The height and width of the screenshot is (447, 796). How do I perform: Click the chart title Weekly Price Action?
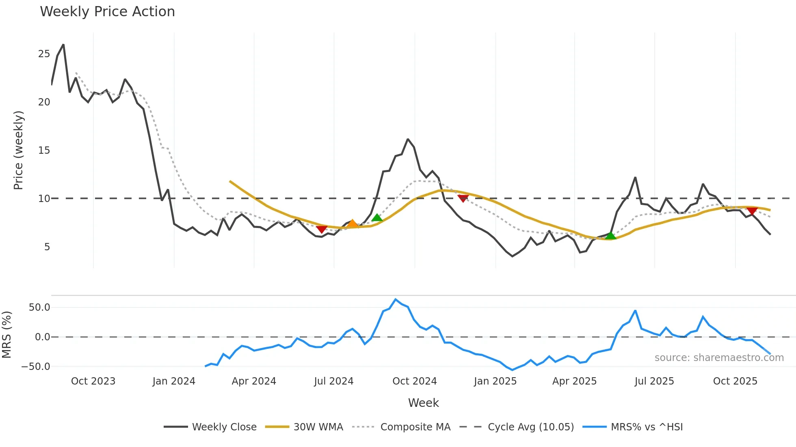click(107, 12)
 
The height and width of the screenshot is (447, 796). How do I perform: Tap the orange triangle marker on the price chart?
click(353, 223)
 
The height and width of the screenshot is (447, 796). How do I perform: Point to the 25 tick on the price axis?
click(44, 54)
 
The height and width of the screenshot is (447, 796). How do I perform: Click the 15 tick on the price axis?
click(44, 150)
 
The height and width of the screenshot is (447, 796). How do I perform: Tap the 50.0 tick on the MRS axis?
click(39, 307)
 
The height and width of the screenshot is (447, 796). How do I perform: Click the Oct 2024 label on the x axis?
click(414, 381)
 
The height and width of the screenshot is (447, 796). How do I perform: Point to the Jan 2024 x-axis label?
click(174, 381)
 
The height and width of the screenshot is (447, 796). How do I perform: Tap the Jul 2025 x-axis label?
click(654, 381)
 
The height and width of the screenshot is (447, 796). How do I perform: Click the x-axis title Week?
click(423, 403)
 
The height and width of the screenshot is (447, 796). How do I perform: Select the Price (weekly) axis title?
click(18, 150)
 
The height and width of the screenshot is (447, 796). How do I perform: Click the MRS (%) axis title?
click(6, 335)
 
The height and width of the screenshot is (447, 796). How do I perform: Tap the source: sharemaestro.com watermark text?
click(719, 358)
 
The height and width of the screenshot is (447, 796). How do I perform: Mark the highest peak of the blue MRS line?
click(396, 299)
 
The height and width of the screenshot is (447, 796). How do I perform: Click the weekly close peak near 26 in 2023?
click(63, 45)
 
